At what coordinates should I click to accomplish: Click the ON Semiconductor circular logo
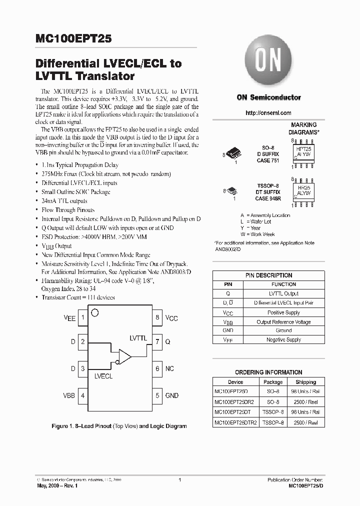(x=268, y=64)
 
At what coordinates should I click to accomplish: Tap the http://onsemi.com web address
(x=268, y=113)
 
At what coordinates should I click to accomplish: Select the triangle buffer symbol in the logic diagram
(x=124, y=356)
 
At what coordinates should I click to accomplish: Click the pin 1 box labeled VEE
(x=82, y=317)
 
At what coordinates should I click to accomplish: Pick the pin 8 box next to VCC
(x=157, y=317)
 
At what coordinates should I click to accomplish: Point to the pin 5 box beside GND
(x=157, y=395)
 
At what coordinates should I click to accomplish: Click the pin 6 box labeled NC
(x=157, y=369)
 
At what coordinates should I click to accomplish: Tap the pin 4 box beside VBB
(x=82, y=395)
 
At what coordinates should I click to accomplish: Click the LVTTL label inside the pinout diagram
(x=138, y=338)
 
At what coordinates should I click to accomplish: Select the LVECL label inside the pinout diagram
(x=103, y=375)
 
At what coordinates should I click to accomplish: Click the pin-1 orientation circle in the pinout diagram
(x=94, y=313)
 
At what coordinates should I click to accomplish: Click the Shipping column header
(x=305, y=381)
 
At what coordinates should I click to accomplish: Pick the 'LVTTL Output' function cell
(x=283, y=293)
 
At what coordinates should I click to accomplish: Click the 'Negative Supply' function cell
(x=283, y=339)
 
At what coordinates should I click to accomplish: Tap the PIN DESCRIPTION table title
(x=268, y=275)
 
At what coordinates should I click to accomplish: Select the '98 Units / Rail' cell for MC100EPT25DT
(x=305, y=412)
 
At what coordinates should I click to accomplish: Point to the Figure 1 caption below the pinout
(x=119, y=426)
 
